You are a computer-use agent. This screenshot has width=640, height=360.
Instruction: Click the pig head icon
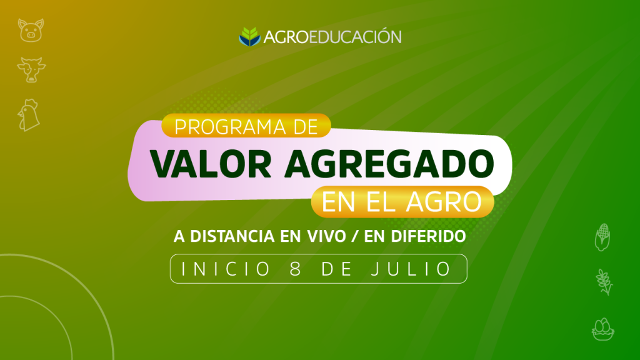tap(31, 30)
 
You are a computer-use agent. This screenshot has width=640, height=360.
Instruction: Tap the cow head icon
tap(31, 70)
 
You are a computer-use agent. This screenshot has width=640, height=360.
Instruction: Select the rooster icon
tap(29, 115)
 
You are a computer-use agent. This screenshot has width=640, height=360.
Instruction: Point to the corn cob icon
tap(602, 237)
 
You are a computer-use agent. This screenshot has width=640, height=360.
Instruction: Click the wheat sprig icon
tap(604, 282)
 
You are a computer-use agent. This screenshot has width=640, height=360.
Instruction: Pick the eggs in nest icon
tap(603, 329)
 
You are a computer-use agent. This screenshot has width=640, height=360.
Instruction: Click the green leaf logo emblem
tap(249, 37)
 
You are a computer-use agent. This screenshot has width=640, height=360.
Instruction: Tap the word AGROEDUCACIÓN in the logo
tap(332, 37)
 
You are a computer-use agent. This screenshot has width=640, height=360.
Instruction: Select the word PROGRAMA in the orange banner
tap(230, 127)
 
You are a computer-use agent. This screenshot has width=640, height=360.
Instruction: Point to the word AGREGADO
tap(389, 164)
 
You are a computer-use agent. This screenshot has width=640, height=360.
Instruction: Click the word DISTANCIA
tap(232, 236)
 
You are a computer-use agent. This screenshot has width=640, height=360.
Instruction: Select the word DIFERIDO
tap(428, 236)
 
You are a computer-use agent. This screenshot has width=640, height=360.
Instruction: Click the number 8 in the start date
tap(296, 269)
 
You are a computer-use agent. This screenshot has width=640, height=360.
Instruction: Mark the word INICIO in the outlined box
tap(226, 269)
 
